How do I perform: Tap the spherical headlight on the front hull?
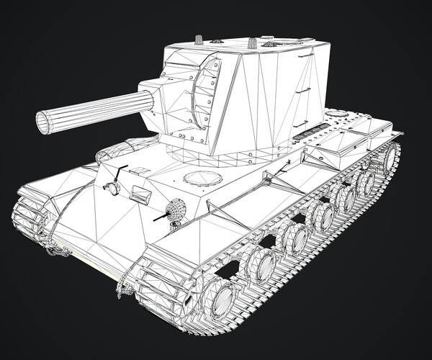pos(176,210)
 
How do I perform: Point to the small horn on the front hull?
pos(112,189)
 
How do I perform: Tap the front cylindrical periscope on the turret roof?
pos(197,38)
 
